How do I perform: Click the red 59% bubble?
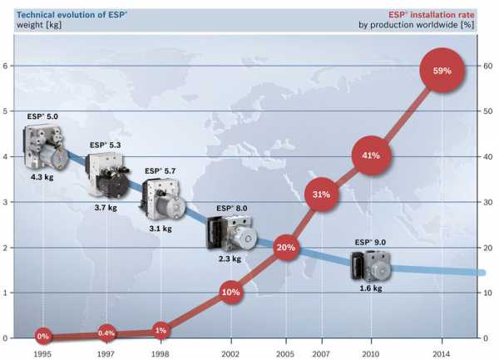(x=441, y=71)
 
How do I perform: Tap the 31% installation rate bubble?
(x=321, y=195)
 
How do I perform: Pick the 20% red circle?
(x=286, y=248)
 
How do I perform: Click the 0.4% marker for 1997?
(x=106, y=334)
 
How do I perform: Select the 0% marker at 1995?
(x=43, y=337)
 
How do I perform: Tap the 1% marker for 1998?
(x=161, y=331)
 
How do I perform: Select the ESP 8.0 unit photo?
(x=226, y=233)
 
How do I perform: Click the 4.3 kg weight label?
(x=43, y=177)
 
